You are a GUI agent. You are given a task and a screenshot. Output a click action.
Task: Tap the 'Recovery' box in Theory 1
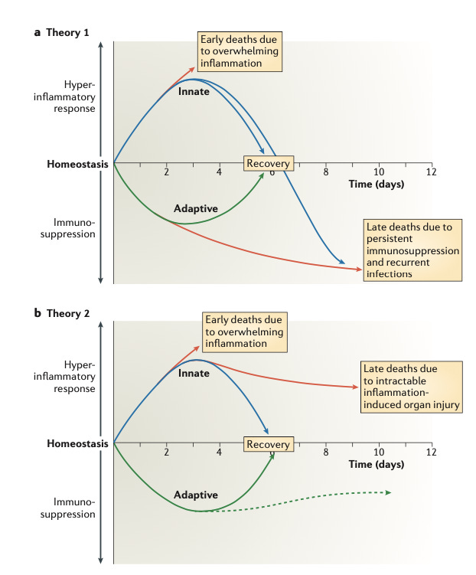(x=267, y=163)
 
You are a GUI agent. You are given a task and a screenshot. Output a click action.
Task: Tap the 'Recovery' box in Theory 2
(x=268, y=444)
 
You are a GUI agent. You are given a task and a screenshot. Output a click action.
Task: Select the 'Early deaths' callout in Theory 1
(x=238, y=51)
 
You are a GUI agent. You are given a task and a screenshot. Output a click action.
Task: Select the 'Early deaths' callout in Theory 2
(x=243, y=332)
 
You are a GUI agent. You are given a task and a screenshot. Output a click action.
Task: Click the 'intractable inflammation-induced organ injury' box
(x=412, y=386)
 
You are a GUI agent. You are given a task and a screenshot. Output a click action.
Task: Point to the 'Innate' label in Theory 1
(x=194, y=92)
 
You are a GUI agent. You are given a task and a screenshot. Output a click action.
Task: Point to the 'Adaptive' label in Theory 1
(x=196, y=208)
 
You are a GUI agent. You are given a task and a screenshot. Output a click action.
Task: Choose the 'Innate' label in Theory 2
(x=194, y=373)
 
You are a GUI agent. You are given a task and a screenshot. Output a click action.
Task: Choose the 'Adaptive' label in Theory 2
(x=196, y=495)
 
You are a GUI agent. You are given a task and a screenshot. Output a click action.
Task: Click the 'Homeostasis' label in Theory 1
(x=77, y=163)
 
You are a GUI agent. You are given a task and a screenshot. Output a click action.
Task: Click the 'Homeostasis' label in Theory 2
(x=77, y=443)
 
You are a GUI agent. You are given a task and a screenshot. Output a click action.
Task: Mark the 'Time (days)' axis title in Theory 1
(x=376, y=184)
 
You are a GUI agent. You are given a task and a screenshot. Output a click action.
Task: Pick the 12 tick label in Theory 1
(x=432, y=172)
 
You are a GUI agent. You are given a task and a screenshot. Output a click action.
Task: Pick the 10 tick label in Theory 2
(x=379, y=452)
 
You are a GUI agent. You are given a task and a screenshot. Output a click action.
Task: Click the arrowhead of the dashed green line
(x=389, y=492)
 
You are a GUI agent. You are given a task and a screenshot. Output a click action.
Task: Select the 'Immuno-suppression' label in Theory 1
(x=75, y=228)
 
